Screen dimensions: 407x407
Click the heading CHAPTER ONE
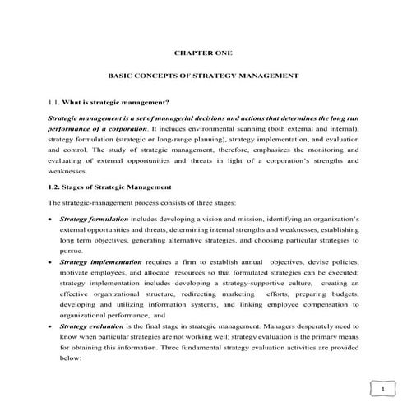[203, 53]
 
